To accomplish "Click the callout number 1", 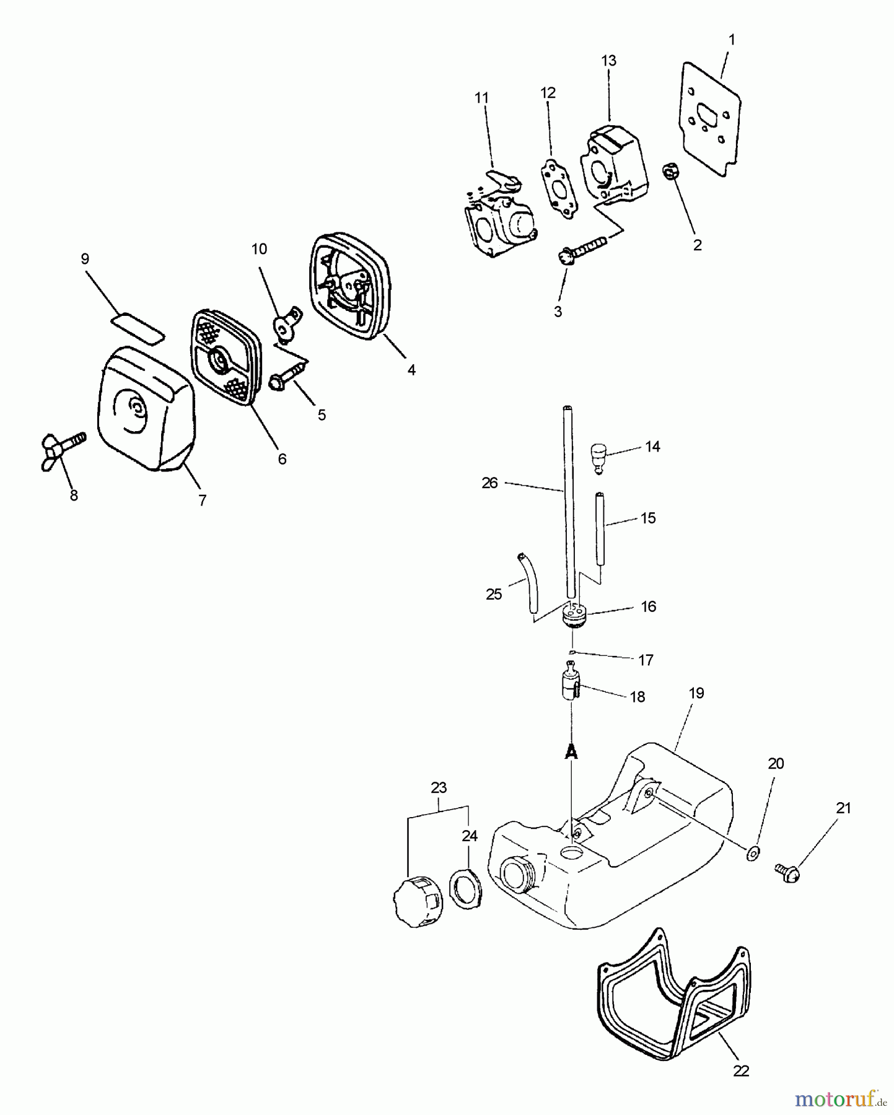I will (x=732, y=40).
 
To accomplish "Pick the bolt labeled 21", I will (x=787, y=871).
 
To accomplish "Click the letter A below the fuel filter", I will (x=571, y=751).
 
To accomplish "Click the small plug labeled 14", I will (x=597, y=457).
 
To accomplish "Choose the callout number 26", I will (x=489, y=483).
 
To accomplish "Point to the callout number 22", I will (x=741, y=1070).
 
